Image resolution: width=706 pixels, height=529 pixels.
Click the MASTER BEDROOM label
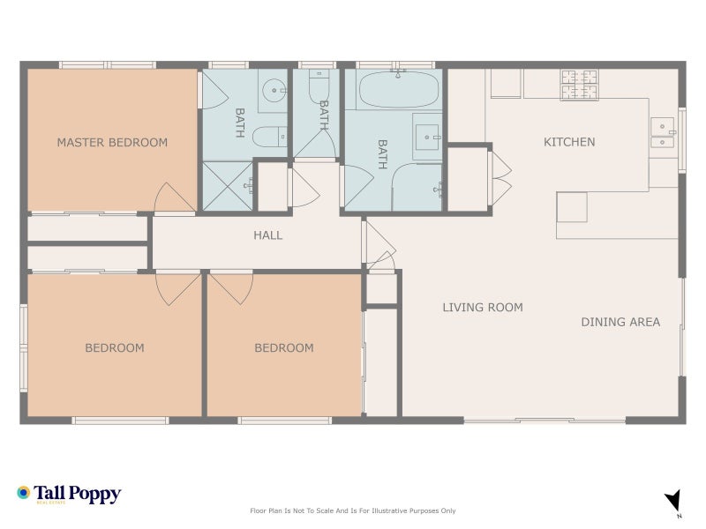click(112, 142)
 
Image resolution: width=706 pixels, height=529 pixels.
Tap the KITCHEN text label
click(569, 142)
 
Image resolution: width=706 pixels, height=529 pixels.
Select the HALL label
click(267, 235)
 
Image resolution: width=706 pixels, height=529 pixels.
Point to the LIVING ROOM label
click(483, 308)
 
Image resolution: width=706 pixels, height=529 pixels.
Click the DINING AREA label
click(620, 322)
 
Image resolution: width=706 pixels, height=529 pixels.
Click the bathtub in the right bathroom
click(399, 89)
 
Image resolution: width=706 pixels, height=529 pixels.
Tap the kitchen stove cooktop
click(580, 84)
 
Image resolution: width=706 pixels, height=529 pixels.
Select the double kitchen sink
click(662, 132)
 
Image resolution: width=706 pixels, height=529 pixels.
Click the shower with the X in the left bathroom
click(227, 186)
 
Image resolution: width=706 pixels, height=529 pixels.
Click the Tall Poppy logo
click(69, 495)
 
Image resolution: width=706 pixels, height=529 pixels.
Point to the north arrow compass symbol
click(674, 501)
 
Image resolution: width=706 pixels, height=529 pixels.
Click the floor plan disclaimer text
click(353, 510)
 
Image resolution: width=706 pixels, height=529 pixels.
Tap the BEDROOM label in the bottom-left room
click(114, 348)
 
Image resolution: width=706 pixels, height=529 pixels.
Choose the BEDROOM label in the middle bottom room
click(283, 348)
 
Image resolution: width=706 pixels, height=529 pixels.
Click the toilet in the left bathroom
click(268, 137)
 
